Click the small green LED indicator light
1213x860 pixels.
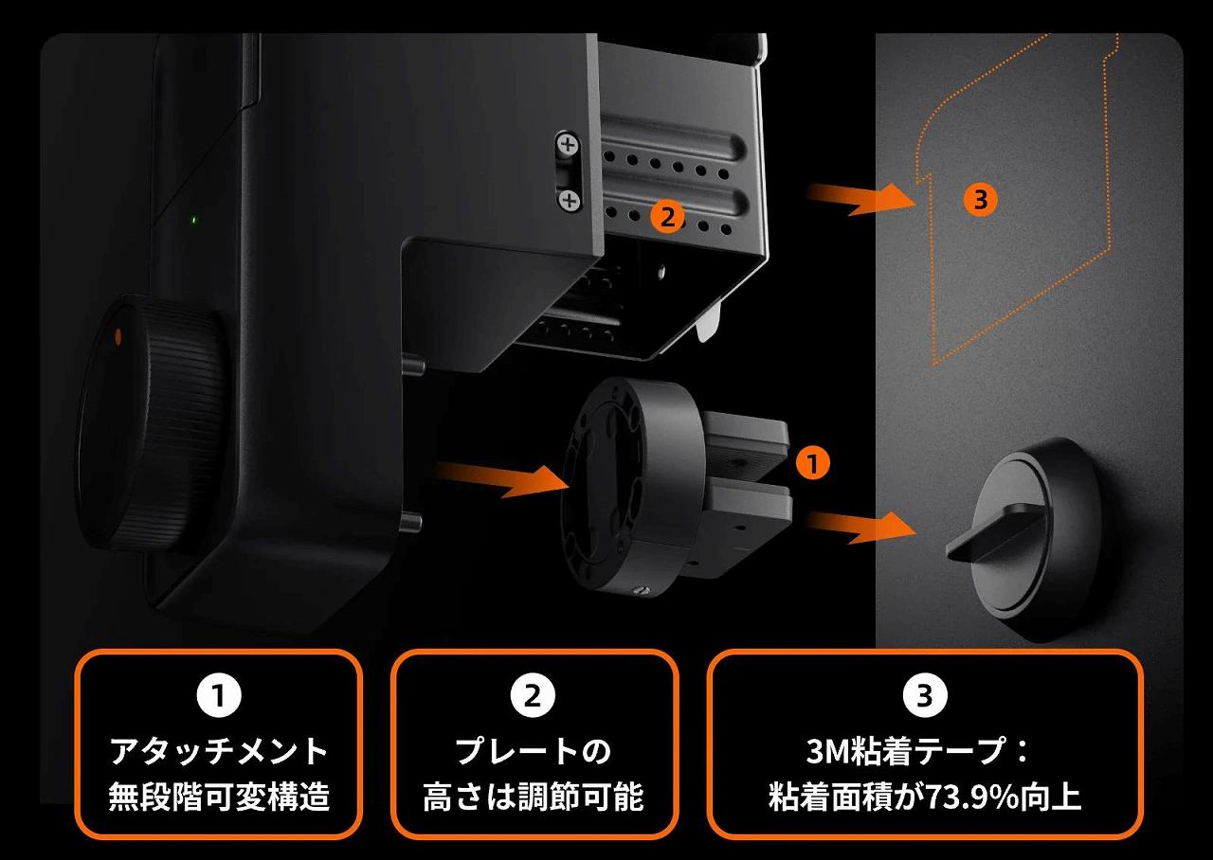pyautogui.click(x=194, y=221)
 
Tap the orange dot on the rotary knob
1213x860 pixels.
pyautogui.click(x=118, y=336)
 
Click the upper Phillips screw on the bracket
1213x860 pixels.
pyautogui.click(x=568, y=144)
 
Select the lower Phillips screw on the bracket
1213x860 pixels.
pyautogui.click(x=570, y=201)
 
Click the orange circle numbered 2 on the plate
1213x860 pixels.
pyautogui.click(x=668, y=218)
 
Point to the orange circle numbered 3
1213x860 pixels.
pyautogui.click(x=980, y=200)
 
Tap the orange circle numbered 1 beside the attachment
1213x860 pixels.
pyautogui.click(x=812, y=463)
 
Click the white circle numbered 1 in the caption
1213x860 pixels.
pyautogui.click(x=219, y=696)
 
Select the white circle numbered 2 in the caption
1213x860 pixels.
pyautogui.click(x=533, y=696)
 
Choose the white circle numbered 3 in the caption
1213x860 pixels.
pyautogui.click(x=925, y=696)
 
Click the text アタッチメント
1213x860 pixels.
pyautogui.click(x=219, y=751)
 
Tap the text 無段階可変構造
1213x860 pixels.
pyautogui.click(x=219, y=797)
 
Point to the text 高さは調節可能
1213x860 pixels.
pyautogui.click(x=534, y=797)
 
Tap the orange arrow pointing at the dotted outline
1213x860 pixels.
pyautogui.click(x=861, y=199)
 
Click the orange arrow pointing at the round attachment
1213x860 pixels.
pyautogui.click(x=502, y=479)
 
